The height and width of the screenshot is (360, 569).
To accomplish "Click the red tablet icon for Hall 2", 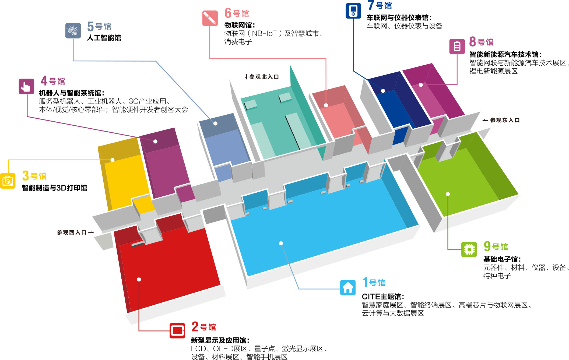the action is pos(177,330).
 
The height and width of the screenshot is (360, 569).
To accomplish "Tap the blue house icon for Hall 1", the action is pos(348,287).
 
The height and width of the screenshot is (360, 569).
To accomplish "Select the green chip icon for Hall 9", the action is pos(469,249).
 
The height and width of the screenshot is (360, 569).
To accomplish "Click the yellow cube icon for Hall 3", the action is pos(8,181).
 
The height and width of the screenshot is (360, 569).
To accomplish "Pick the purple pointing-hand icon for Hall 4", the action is pos(26,86).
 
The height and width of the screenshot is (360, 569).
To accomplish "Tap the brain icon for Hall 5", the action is pos(73,31).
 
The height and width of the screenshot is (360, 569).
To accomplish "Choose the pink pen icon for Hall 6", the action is pos(210,18).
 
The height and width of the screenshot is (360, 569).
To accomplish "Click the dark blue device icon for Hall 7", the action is pos(353,10).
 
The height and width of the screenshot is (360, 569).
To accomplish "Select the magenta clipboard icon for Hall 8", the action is pos(457,47).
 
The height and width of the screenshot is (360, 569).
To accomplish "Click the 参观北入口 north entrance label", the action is pos(264,77).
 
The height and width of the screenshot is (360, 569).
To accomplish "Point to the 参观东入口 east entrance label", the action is pos(505,120).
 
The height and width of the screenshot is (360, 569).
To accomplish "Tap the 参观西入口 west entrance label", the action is pos(72,232).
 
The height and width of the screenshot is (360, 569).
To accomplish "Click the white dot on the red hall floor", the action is pos(139,279).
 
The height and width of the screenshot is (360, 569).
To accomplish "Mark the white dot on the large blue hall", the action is pos(281,243).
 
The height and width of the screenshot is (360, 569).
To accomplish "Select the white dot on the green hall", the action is pos(448,194).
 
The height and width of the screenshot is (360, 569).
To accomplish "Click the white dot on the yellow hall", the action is pos(113,160).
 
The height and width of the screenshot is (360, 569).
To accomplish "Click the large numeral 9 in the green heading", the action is pos(487,246).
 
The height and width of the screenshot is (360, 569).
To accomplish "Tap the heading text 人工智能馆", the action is pos(104,38).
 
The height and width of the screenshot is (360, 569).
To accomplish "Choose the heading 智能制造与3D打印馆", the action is pos(55,188).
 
